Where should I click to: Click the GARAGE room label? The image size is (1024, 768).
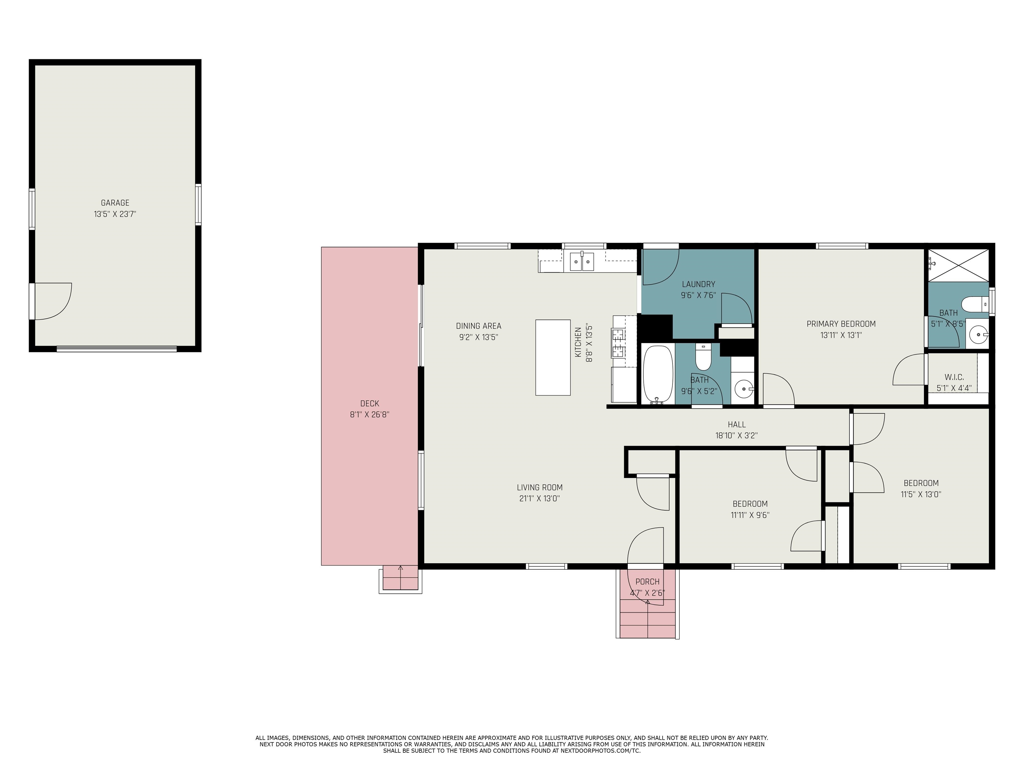pos(115,203)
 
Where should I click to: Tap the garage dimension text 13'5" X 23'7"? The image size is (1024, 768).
pos(115,214)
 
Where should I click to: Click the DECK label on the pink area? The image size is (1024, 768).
pos(369,404)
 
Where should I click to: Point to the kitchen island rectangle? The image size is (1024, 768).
pos(553,357)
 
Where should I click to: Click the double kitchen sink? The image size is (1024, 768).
pos(581,262)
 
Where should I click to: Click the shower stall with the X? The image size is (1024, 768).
pos(958,265)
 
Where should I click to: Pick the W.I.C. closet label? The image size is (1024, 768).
pos(954,377)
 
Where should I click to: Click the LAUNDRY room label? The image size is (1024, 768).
pos(698,284)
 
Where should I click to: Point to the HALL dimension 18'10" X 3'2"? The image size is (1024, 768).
pos(736,436)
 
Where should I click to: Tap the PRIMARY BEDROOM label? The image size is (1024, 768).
pos(841,324)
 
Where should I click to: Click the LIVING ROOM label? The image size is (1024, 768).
pos(539,487)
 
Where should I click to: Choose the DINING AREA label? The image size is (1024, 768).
pos(478,326)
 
